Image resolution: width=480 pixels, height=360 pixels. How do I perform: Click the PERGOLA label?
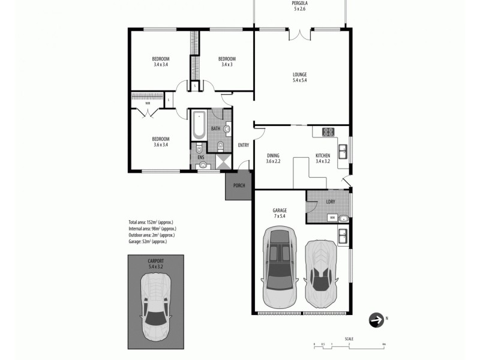coord(299,3)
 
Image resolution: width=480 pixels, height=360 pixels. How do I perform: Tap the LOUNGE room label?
coord(299,75)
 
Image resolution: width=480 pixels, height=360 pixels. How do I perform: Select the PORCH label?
coord(239,185)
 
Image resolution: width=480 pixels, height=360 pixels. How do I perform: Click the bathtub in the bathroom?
coord(198,125)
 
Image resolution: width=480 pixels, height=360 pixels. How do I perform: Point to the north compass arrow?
coord(377,321)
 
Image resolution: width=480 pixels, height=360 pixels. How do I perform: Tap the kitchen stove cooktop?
coord(328,132)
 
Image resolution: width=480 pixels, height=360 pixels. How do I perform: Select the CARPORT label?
coord(155,262)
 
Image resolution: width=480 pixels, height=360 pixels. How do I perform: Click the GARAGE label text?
coord(280,211)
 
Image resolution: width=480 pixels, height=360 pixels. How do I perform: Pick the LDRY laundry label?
coord(330,202)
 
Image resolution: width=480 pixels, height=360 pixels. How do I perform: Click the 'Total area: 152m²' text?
coord(151,222)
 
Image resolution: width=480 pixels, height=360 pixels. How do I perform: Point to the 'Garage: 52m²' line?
coord(148,242)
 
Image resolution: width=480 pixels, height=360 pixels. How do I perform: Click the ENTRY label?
coord(243,145)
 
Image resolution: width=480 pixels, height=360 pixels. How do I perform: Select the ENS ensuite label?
coord(200,157)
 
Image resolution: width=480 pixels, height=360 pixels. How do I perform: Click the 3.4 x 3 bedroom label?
coord(227,62)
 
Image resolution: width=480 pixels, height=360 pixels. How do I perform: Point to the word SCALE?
coord(349,339)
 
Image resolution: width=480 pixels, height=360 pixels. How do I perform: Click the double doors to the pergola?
coord(299,34)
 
